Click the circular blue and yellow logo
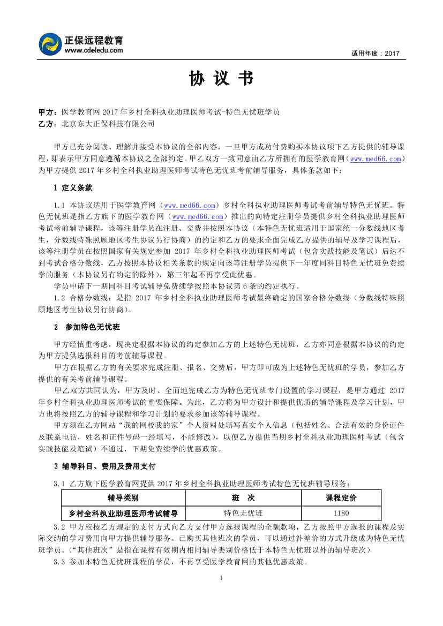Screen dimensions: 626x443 point(50,44)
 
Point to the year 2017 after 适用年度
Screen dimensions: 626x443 point(392,54)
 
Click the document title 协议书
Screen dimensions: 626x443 point(221,79)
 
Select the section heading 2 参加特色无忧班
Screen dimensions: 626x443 point(86,327)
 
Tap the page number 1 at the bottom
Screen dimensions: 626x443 point(221,579)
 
